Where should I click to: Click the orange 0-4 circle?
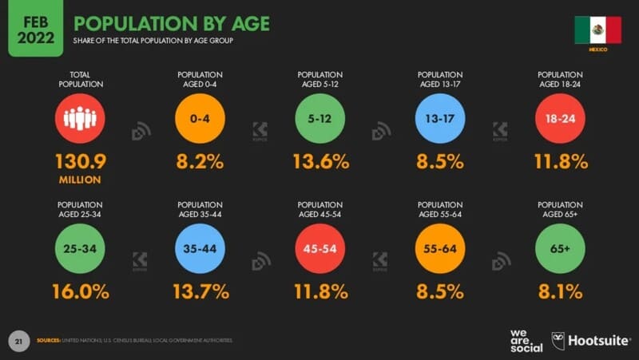coord(200,118)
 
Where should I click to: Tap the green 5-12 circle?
coord(320,118)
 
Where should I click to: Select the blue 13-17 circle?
coord(440,118)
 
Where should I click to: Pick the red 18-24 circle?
coord(560,118)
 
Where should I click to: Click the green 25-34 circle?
coord(80,248)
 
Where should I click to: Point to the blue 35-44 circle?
coord(200,248)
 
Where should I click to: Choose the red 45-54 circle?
coord(320,248)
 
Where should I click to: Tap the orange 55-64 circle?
coord(440,248)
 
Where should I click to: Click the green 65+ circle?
coord(560,248)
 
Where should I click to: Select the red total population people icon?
coord(80,118)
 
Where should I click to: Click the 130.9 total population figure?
coord(80,162)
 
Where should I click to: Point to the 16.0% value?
coord(80,292)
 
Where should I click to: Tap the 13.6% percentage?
coord(320,162)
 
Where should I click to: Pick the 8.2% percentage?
coord(200,162)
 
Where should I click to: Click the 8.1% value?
coord(560,292)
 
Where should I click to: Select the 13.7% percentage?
coord(200,292)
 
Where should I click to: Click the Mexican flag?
coord(597,30)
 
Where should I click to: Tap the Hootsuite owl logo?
coord(559,341)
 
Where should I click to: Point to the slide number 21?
coord(18,341)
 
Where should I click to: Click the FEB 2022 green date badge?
coord(35,28)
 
